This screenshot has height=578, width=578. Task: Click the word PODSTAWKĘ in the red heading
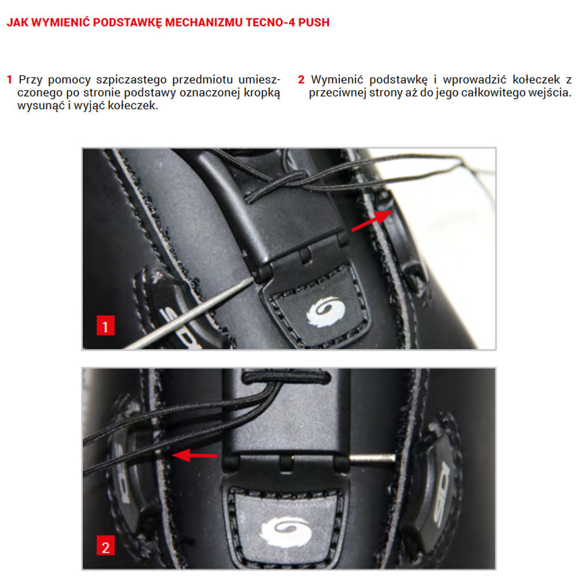pos(127,23)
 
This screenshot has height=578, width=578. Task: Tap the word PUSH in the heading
pos(314,23)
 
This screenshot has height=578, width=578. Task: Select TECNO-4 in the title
pos(270,23)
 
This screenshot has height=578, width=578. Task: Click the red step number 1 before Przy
pos(10,80)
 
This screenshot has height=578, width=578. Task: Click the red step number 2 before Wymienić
pos(301,80)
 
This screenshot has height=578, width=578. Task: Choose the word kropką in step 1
pos(262,93)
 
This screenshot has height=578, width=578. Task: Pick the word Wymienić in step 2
pos(337,80)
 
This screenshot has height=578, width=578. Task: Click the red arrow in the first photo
pos(372,221)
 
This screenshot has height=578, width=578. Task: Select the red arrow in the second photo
pos(195,455)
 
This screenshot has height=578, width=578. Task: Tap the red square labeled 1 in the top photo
pos(105,325)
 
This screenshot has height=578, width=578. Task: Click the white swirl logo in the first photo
pos(325,312)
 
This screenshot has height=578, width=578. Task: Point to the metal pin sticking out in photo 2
pos(372,458)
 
